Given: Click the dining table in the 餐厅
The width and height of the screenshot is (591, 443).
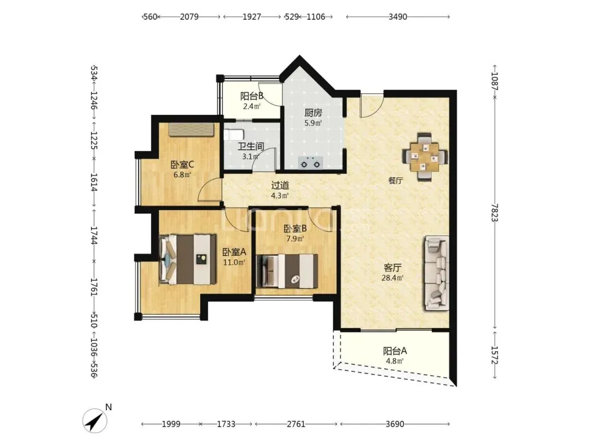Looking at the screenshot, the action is (x=425, y=156).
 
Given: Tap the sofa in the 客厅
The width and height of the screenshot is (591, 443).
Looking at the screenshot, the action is (x=437, y=273).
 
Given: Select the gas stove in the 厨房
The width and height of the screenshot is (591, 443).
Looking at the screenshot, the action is (x=310, y=163).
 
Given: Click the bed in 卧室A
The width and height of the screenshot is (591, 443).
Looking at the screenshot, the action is (x=187, y=260).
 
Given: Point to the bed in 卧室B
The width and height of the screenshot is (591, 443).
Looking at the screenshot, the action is (x=287, y=271).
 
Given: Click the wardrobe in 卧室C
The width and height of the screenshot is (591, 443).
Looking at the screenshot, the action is (x=192, y=129).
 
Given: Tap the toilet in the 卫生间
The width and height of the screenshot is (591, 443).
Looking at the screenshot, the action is (x=234, y=135).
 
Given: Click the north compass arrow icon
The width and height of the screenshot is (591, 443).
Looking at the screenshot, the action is (x=95, y=421).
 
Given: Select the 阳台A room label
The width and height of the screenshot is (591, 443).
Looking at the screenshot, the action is (x=395, y=351).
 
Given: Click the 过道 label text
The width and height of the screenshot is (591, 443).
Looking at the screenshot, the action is (x=280, y=185).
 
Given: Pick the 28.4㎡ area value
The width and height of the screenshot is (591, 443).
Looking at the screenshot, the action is (x=392, y=278).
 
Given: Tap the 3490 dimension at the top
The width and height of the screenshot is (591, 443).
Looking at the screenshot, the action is (x=398, y=17).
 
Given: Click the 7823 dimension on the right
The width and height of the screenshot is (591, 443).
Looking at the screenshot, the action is (x=495, y=213).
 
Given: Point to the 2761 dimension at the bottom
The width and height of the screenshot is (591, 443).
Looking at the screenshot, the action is (x=296, y=424).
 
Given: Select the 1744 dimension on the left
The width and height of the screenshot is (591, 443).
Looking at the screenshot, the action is (x=94, y=235).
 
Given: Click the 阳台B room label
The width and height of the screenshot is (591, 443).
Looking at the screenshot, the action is (x=252, y=96).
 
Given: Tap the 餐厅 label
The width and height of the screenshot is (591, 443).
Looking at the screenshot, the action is (x=396, y=180).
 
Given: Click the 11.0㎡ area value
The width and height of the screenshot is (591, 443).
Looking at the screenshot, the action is (x=234, y=262).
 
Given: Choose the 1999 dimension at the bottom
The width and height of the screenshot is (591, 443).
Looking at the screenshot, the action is (x=171, y=424).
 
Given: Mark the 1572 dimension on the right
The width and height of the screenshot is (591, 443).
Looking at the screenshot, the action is (x=495, y=355).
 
